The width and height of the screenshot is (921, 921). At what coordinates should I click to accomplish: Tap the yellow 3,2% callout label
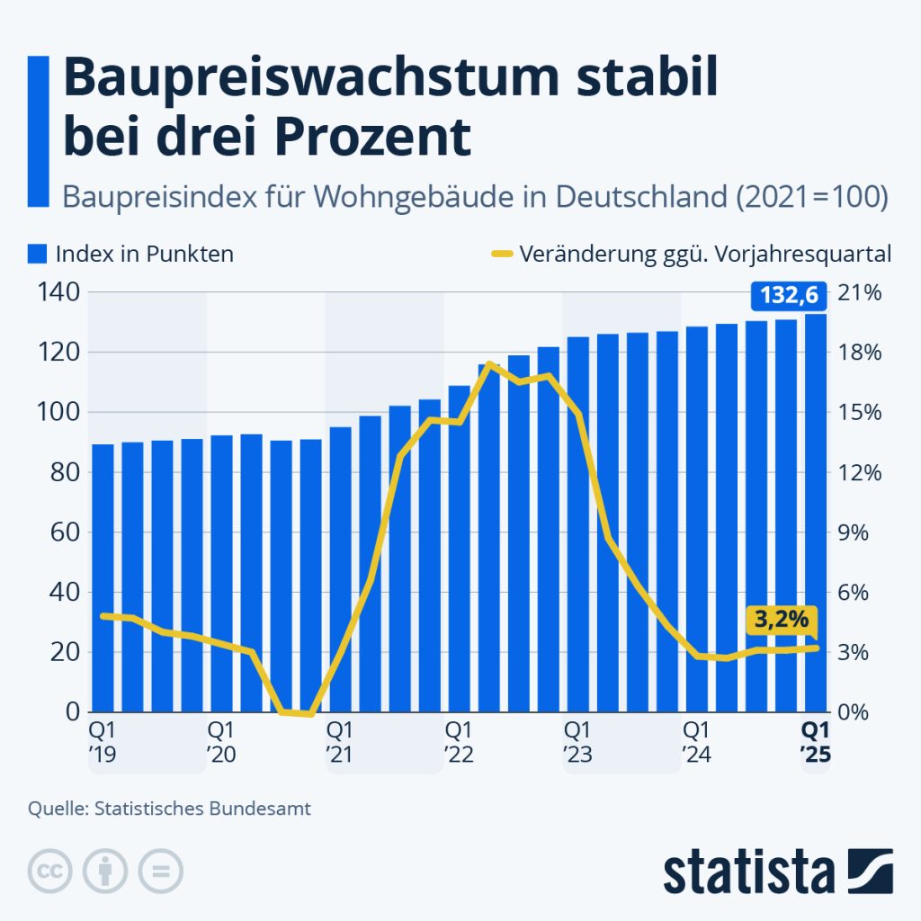point(780,621)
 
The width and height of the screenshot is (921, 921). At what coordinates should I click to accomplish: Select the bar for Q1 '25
point(816,513)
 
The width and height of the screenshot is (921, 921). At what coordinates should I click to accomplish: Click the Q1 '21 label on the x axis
point(339,739)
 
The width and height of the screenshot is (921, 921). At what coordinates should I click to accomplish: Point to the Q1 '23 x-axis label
point(577,739)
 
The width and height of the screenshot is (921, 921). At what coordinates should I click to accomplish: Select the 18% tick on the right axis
point(861,353)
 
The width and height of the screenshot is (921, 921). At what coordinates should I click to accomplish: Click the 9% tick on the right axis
point(861,532)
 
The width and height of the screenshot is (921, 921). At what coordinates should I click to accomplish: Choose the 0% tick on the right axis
point(861,711)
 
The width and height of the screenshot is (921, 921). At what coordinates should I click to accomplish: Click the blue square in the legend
point(37,255)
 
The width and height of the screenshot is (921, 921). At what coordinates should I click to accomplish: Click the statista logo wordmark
point(748,872)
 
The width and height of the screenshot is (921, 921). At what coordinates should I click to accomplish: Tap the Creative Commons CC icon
point(50,870)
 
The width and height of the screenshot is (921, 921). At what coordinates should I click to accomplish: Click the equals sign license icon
point(160,870)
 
